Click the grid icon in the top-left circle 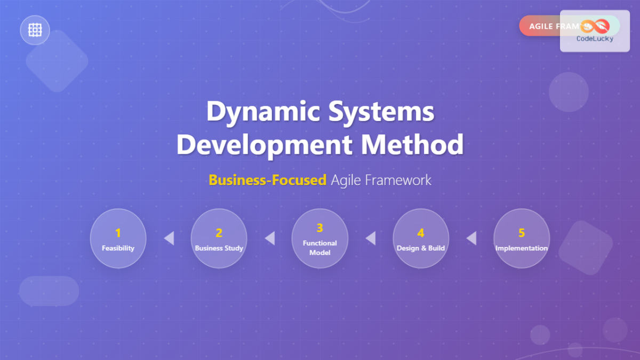click(35, 30)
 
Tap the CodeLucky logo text click(595, 38)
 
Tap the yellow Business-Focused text click(267, 180)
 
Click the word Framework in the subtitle click(398, 180)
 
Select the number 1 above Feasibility click(118, 233)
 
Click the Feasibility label click(118, 248)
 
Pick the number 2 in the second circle click(219, 233)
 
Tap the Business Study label click(219, 248)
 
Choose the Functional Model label click(320, 247)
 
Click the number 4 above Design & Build click(421, 233)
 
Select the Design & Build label click(421, 248)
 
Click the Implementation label click(522, 248)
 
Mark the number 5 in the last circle click(522, 233)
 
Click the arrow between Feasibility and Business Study click(169, 238)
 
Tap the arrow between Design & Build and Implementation click(471, 238)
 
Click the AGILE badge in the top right click(541, 26)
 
